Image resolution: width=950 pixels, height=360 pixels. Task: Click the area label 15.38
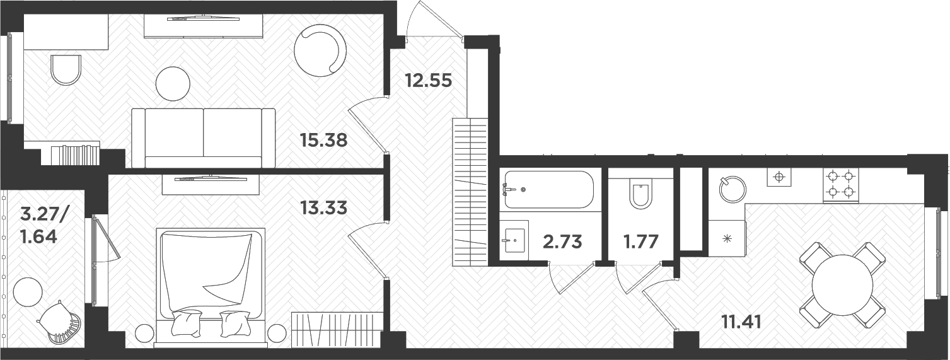click(324, 140)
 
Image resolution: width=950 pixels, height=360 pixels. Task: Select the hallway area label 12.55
click(428, 81)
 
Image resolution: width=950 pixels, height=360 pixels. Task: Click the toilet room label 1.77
click(642, 241)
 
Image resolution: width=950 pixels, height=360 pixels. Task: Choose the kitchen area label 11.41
click(741, 322)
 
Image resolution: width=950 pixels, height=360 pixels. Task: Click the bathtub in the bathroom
click(548, 189)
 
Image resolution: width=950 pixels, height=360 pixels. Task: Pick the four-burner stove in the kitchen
click(841, 184)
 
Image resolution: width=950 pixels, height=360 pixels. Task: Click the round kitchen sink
click(732, 189)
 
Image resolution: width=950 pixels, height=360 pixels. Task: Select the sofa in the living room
click(204, 137)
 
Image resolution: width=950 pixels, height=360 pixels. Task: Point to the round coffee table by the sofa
click(173, 83)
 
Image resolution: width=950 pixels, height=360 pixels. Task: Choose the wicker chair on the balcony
click(61, 322)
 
